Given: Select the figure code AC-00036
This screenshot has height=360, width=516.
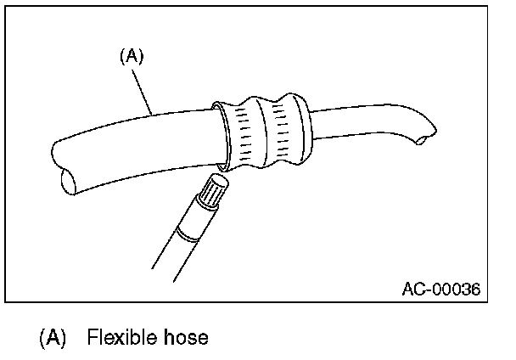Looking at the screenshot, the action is pos(440,290).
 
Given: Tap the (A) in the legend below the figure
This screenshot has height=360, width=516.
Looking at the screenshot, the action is pos(52,338).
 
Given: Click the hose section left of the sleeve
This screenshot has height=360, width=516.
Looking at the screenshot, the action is pos(136,144).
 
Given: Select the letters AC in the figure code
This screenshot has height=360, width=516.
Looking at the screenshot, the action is pos(411,290).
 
